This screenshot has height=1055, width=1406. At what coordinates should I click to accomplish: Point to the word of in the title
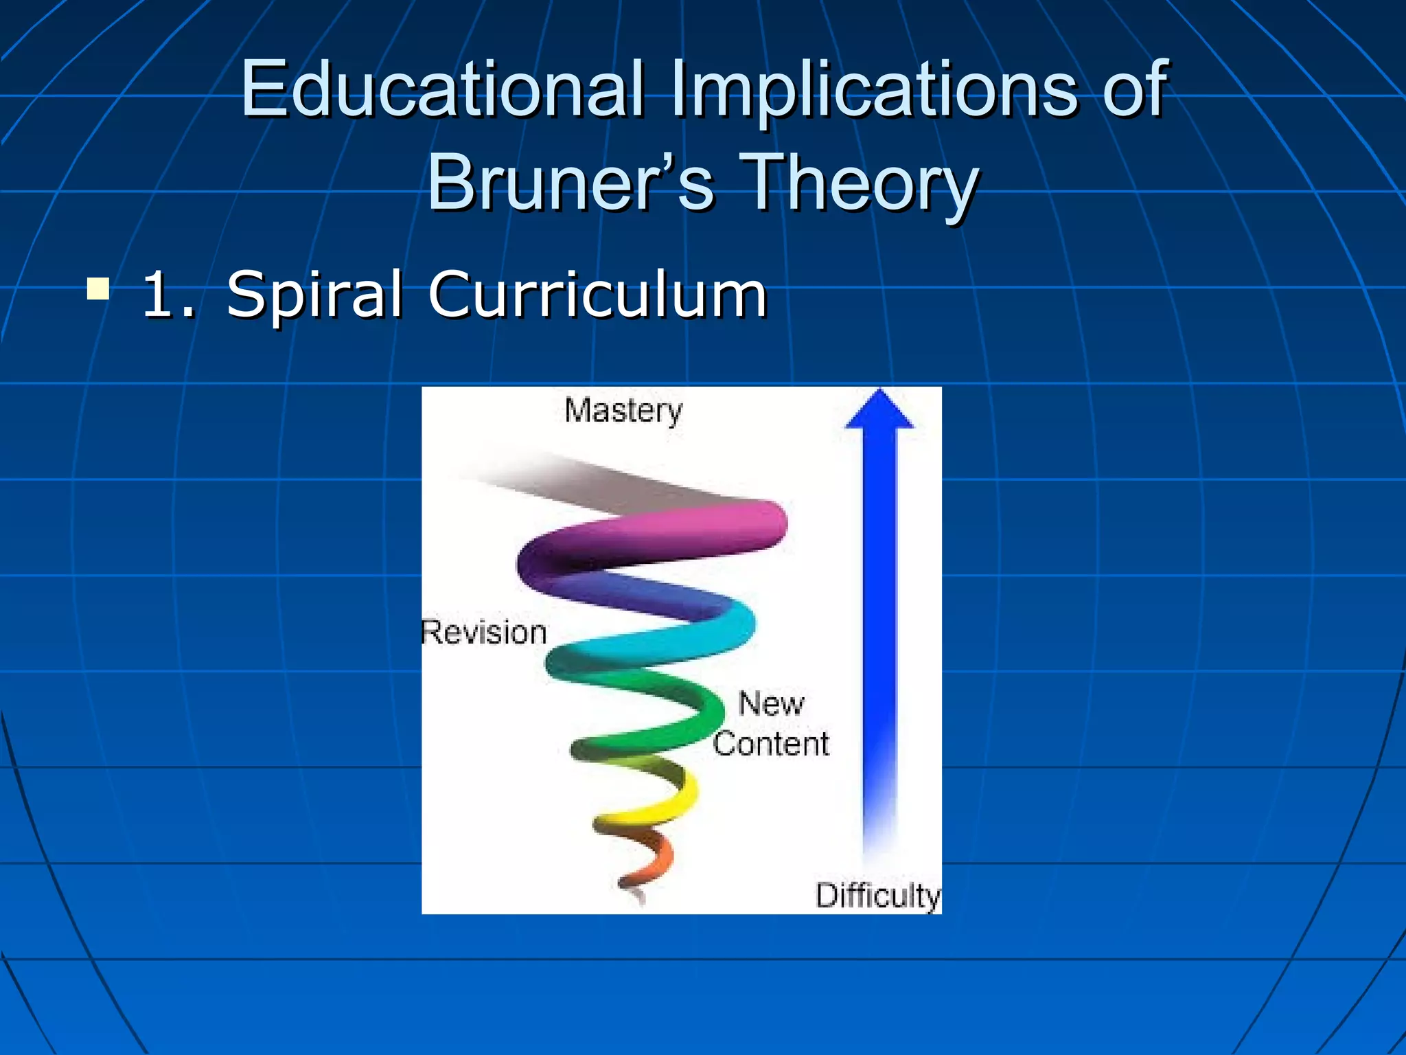click(1133, 89)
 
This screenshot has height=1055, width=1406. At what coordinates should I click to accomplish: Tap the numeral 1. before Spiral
click(169, 295)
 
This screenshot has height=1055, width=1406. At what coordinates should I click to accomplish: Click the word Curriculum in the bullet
click(597, 295)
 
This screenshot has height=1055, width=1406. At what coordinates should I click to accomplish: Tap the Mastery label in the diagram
click(623, 411)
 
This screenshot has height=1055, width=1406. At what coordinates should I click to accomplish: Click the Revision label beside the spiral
click(484, 632)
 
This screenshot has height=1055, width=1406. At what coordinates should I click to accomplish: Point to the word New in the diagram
click(771, 703)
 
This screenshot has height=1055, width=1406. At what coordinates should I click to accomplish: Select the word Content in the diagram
click(771, 744)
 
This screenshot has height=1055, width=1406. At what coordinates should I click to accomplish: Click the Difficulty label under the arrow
click(877, 896)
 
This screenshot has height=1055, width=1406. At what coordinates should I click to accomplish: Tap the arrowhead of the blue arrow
click(879, 410)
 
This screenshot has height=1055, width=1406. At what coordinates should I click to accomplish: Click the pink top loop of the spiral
click(687, 532)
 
